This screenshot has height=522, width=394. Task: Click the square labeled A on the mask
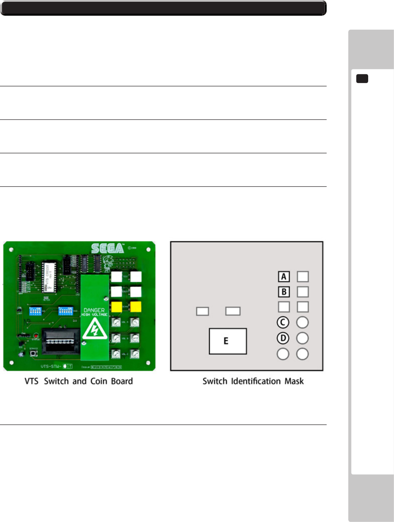click(284, 277)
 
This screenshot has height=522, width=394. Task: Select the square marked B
click(284, 292)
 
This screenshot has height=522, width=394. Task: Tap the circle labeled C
click(283, 322)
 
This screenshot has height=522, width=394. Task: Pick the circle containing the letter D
click(283, 338)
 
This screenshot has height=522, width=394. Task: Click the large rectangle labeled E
click(228, 341)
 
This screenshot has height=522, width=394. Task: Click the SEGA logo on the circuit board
click(107, 248)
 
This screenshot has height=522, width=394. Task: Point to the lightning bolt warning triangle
click(94, 329)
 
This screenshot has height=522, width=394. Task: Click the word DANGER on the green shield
click(94, 310)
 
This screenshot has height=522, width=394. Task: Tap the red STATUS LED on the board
click(36, 335)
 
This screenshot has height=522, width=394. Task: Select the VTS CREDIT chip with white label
click(49, 277)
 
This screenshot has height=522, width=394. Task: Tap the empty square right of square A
click(303, 277)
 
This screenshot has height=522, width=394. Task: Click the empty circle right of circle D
click(302, 338)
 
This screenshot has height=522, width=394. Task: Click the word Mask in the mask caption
click(294, 381)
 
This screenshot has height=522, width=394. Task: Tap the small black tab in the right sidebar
click(362, 79)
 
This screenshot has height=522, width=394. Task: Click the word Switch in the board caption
click(56, 381)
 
